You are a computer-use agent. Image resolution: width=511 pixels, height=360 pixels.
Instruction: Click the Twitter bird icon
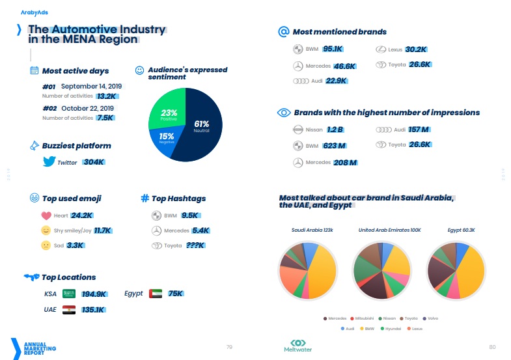pyautogui.click(x=48, y=162)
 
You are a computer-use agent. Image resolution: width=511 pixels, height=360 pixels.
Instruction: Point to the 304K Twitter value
pyautogui.click(x=94, y=162)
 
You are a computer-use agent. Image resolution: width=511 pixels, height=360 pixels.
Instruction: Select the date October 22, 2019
pyautogui.click(x=88, y=108)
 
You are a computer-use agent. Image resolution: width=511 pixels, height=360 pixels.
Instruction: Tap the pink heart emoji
pyautogui.click(x=46, y=215)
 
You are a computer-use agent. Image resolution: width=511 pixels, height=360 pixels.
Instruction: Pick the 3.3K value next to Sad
pyautogui.click(x=75, y=245)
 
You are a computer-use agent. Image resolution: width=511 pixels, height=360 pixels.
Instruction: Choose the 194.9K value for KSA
pyautogui.click(x=94, y=294)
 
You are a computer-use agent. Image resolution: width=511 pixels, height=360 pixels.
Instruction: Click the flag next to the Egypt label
pyautogui.click(x=155, y=294)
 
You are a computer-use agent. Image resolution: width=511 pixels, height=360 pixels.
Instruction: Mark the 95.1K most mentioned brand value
pyautogui.click(x=333, y=49)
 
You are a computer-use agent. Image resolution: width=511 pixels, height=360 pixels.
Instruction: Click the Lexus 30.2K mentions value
pyautogui.click(x=416, y=49)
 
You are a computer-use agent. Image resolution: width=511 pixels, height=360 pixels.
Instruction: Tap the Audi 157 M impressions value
pyautogui.click(x=419, y=130)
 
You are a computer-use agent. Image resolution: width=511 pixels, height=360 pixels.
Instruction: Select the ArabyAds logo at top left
pyautogui.click(x=34, y=12)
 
